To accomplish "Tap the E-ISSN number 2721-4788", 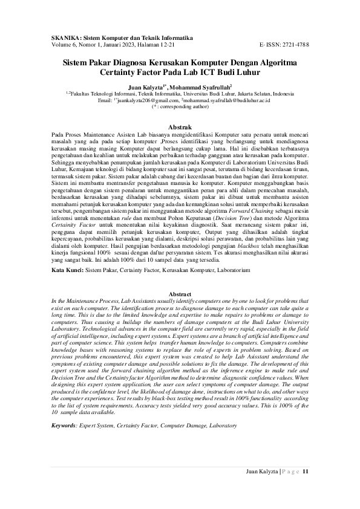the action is pos(296,45).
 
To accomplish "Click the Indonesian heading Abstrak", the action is pos(180,127).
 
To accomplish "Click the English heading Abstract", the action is pos(180,294).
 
